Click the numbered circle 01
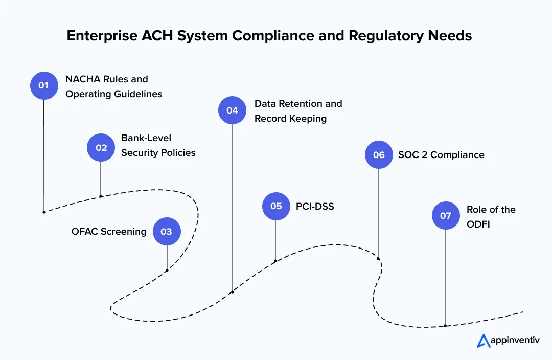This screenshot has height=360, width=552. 43,85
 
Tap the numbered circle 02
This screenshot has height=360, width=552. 101,147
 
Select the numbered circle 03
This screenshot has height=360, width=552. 167,232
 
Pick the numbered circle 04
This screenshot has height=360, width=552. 232,110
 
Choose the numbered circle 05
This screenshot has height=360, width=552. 276,206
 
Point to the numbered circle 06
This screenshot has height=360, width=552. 378,155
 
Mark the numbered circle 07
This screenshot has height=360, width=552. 445,216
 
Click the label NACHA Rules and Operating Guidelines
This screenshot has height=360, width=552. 113,86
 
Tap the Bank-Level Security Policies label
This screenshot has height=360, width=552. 158,145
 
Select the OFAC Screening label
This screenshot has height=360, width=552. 109,232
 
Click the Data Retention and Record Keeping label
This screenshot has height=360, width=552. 298,111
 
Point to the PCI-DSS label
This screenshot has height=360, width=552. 315,207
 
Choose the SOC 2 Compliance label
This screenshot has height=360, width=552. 441,155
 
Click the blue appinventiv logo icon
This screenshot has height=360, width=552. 483,341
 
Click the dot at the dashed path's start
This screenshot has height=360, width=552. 44,212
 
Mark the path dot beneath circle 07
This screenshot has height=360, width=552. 445,326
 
